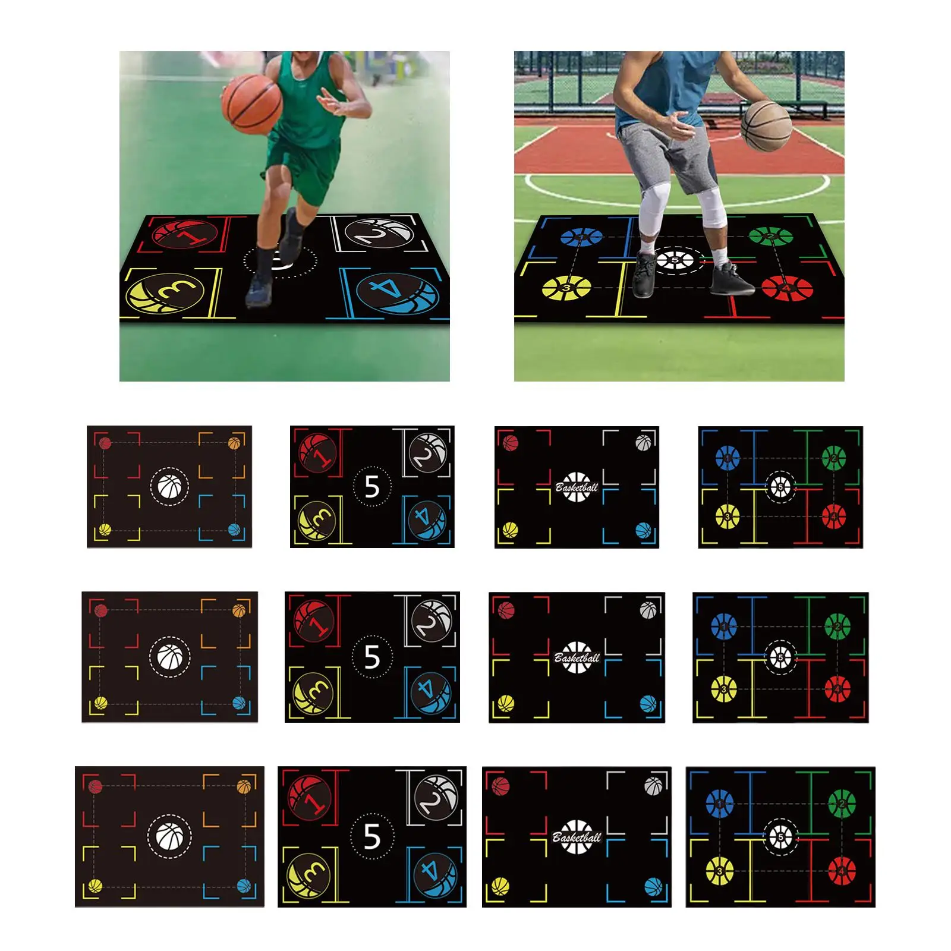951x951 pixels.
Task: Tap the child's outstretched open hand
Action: (333, 102)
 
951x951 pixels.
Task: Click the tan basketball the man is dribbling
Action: (767, 125)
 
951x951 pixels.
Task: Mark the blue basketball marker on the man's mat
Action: (582, 237)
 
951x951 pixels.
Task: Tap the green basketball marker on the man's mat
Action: (770, 237)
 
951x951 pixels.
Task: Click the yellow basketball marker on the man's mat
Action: (566, 288)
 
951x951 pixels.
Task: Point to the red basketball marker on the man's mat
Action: (787, 288)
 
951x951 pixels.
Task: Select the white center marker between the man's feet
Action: (676, 260)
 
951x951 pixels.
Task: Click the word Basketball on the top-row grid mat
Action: (577, 487)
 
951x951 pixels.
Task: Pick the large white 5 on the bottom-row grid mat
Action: (372, 836)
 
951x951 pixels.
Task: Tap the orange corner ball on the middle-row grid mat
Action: (239, 610)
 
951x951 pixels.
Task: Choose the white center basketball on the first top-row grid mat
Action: (169, 487)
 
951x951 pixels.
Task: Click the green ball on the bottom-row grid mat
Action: (842, 804)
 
